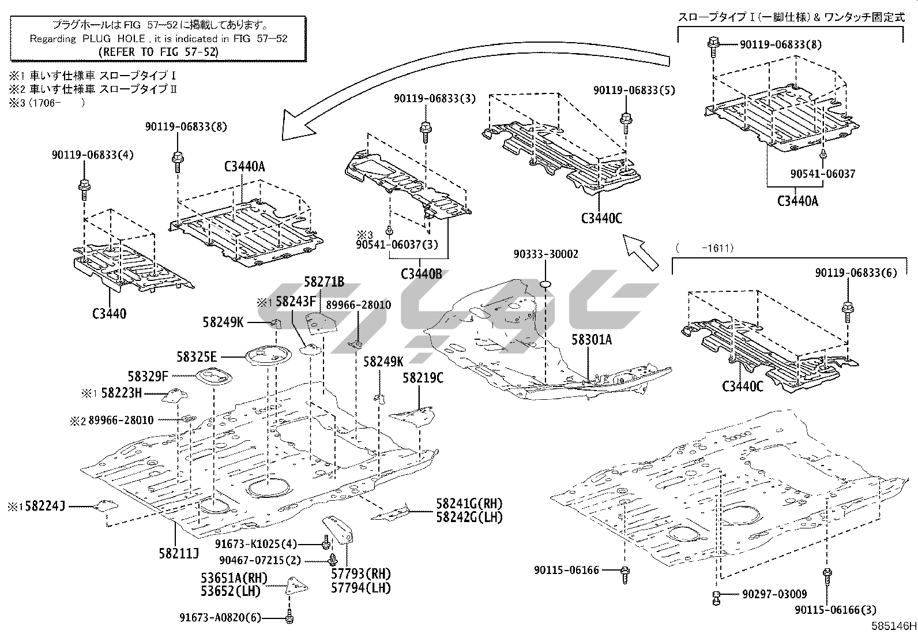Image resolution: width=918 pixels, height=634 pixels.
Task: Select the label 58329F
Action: [148, 377]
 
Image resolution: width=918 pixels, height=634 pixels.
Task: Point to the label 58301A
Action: [592, 340]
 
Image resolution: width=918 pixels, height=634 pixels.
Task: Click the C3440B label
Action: [422, 273]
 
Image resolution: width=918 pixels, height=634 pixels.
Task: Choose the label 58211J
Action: [179, 554]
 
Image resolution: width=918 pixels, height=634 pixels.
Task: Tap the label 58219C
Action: [423, 378]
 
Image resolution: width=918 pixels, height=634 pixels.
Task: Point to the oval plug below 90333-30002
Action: [547, 284]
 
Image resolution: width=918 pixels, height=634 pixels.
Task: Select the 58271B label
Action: [324, 282]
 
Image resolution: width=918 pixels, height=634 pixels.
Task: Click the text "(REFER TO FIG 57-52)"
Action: [159, 51]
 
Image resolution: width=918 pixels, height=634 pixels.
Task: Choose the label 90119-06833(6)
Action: [856, 273]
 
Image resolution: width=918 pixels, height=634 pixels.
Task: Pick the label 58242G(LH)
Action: [469, 517]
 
